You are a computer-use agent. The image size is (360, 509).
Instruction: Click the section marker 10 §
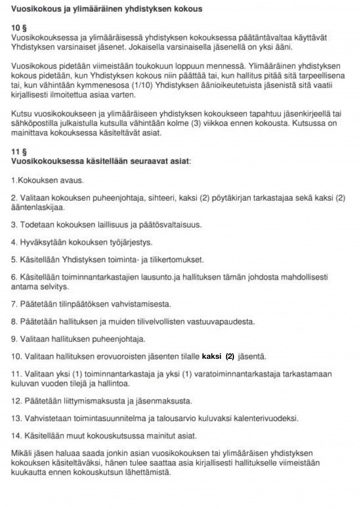point(19,28)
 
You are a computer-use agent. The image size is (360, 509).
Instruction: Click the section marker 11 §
point(19,152)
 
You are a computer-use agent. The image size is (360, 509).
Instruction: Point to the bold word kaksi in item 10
point(211,357)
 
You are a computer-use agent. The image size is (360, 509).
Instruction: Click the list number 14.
point(15,436)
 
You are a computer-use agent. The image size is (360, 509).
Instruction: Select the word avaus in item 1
point(71,181)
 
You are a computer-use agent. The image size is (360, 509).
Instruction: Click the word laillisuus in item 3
point(103,225)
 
